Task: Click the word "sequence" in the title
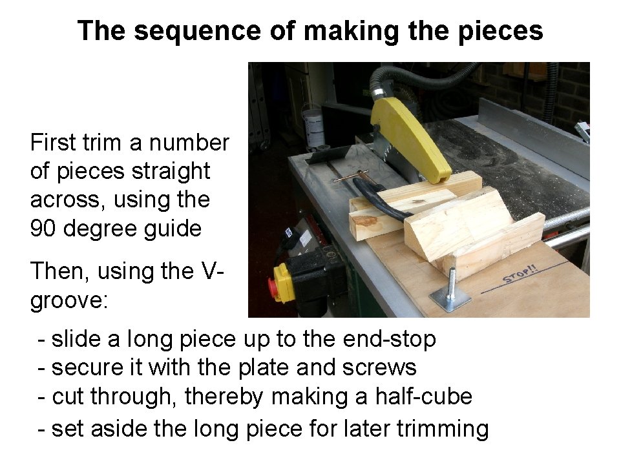[x=198, y=31]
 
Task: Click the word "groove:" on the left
[x=69, y=300]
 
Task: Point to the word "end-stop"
[x=389, y=339]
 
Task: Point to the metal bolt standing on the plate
[x=451, y=282]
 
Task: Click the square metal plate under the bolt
[x=450, y=299]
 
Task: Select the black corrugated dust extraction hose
[x=420, y=77]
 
